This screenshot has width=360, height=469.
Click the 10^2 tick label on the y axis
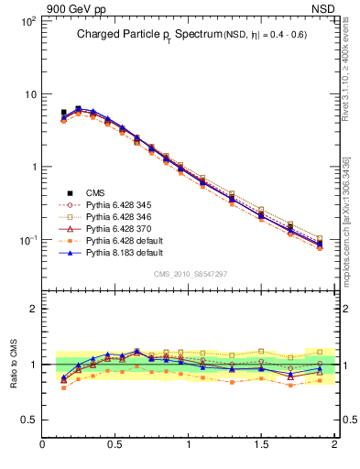pyautogui.click(x=27, y=21)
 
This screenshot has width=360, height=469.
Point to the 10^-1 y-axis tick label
pyautogui.click(x=27, y=240)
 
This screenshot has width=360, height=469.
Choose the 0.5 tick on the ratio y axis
pyautogui.click(x=28, y=420)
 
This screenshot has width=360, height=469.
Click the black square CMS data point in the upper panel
pyautogui.click(x=63, y=113)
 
